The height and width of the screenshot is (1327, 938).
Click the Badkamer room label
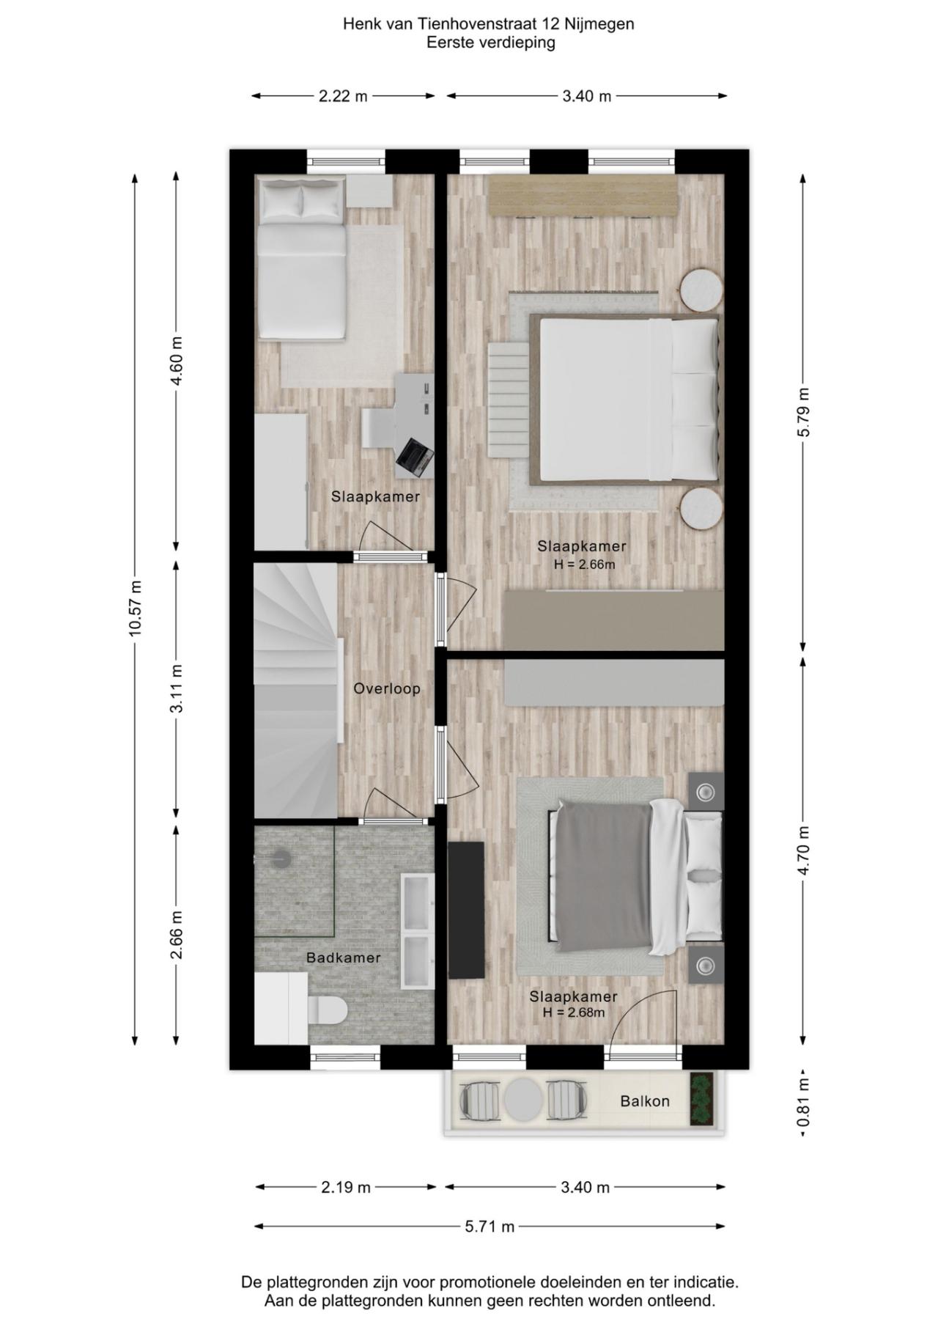point(343,957)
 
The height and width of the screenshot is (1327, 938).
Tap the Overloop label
point(387,688)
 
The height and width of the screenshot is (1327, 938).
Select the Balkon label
point(644,1101)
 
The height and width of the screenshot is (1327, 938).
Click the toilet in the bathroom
point(327,1011)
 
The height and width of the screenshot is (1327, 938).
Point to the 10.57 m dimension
point(135,608)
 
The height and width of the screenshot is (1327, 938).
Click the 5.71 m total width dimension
point(490,1226)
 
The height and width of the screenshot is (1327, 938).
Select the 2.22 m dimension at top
point(343,96)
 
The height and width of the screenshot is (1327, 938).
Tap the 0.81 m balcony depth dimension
point(804,1103)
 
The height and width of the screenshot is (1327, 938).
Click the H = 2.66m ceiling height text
point(584,565)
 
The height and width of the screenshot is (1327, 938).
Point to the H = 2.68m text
point(574,1012)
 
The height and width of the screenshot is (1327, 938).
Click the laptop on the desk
point(415,455)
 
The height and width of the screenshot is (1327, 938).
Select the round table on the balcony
point(523,1099)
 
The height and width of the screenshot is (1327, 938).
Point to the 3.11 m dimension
point(177,688)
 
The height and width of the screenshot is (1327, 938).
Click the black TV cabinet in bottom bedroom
point(466,909)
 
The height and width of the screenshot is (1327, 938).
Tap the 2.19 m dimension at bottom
point(345,1187)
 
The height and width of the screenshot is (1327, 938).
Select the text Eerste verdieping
point(490,43)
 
